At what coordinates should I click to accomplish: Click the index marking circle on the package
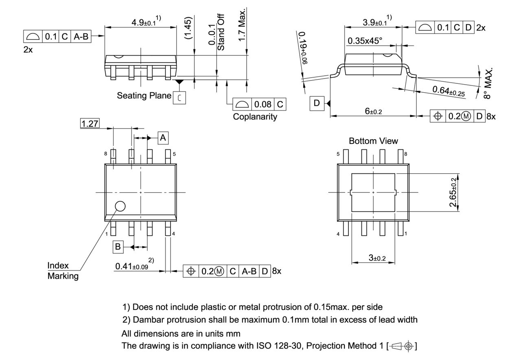(120, 206)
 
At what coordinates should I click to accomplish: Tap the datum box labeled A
(163, 138)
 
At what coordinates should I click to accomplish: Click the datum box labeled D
(317, 103)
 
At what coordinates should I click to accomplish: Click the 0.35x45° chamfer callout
(365, 41)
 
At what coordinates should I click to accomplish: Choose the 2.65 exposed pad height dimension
(453, 192)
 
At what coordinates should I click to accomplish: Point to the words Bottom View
(373, 141)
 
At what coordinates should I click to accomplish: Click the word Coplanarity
(255, 117)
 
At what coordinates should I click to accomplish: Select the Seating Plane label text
(144, 96)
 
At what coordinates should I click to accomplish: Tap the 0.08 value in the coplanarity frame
(263, 105)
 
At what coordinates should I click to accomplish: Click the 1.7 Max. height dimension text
(243, 24)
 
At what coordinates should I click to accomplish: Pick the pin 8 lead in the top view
(113, 157)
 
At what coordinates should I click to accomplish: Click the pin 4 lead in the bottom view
(346, 229)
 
